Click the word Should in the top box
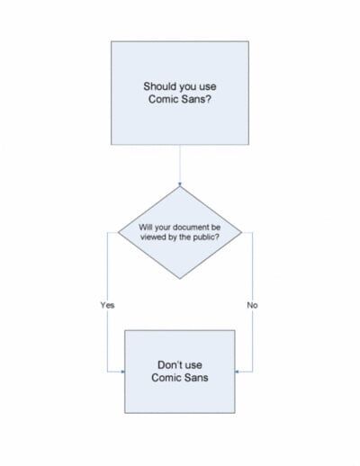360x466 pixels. point(158,86)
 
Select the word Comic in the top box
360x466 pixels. point(162,99)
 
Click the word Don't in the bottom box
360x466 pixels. point(168,364)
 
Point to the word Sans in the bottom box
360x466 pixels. point(196,377)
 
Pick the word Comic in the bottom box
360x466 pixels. point(166,377)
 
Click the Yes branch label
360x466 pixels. point(107,305)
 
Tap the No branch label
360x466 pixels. point(252,305)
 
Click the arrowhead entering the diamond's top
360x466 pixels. point(180,184)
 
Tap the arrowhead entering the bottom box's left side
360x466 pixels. point(122,372)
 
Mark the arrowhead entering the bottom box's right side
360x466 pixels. point(237,372)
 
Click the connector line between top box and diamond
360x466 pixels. point(180,166)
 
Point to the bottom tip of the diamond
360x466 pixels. point(180,279)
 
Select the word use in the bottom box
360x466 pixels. point(193,365)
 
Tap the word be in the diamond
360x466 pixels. point(216,227)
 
